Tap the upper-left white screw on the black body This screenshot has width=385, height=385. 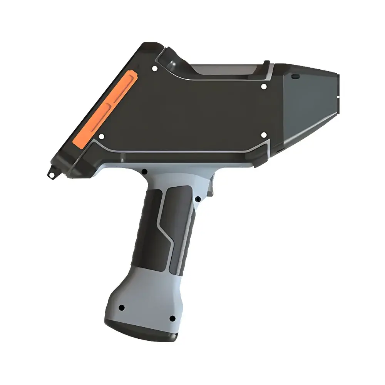point(154,69)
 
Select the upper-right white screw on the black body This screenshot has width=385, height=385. point(264,87)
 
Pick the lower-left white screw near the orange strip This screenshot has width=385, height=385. point(101,136)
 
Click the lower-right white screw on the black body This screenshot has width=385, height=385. point(264,135)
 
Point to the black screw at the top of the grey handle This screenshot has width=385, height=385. point(145,172)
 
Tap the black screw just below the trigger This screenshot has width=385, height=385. point(197,199)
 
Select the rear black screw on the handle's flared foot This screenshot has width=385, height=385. point(122,308)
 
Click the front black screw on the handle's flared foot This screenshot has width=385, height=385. point(172,318)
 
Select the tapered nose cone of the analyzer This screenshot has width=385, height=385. point(308,104)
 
